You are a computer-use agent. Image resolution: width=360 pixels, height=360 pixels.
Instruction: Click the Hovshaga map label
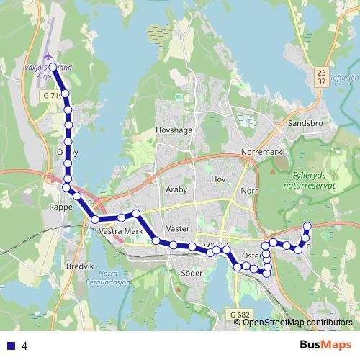point(174,131)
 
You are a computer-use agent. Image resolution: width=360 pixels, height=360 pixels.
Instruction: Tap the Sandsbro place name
point(302,123)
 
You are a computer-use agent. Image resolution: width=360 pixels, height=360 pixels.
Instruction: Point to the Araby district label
point(177,195)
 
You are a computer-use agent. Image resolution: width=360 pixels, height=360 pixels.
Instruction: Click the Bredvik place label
point(80,266)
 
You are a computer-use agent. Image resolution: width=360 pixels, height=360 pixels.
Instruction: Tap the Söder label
point(192,274)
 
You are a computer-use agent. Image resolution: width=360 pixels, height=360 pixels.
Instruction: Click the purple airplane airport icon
point(48,57)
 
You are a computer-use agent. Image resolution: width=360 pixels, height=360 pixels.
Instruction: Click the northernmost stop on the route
point(53,67)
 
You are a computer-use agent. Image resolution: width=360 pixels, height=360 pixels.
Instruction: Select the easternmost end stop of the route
point(307,226)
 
